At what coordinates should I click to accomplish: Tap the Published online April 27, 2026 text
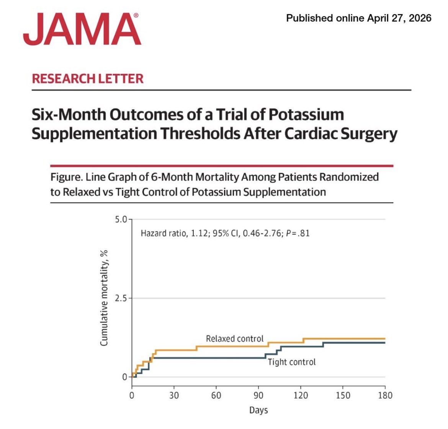(358, 18)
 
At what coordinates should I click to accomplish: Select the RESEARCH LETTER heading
(88, 78)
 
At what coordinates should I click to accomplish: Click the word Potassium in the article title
(306, 114)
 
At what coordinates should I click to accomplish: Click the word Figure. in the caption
(67, 177)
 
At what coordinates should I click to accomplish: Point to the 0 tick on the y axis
(124, 377)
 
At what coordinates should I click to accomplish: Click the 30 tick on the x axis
(174, 395)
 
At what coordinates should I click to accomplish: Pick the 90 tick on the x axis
(258, 395)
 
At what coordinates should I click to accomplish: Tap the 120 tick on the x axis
(301, 395)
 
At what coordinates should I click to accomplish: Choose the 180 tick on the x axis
(385, 395)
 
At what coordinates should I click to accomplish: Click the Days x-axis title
(258, 410)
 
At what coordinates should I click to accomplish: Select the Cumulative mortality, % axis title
(104, 298)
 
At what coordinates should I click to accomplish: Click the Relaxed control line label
(235, 339)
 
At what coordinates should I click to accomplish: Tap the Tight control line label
(292, 362)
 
